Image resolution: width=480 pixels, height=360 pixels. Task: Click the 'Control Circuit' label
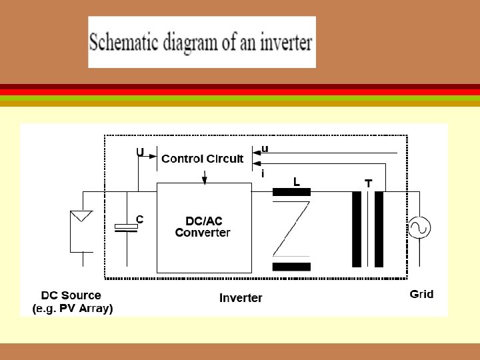coord(203,159)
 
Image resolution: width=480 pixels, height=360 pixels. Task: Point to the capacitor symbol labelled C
coord(126,228)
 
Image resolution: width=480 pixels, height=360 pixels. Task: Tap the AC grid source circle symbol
coord(419,229)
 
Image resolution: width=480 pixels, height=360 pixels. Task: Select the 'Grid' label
coord(421,294)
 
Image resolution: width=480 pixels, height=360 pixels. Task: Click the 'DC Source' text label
coord(71,295)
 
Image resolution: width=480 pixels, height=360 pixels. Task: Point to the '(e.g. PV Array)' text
coord(73,309)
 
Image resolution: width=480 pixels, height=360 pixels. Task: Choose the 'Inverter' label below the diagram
coord(241,298)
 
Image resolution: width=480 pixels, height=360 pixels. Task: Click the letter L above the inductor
coord(297,181)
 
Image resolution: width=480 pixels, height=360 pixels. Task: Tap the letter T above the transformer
coord(368,183)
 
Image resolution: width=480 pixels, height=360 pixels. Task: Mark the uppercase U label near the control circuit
coord(140,151)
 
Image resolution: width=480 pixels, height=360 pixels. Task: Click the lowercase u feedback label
coord(265,149)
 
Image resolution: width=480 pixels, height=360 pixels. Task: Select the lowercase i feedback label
coord(263,173)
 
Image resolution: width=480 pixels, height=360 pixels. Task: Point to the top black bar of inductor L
coord(291,193)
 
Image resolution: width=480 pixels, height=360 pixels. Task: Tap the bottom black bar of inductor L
coord(291,267)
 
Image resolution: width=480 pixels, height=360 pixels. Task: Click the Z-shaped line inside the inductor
coord(291,229)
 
